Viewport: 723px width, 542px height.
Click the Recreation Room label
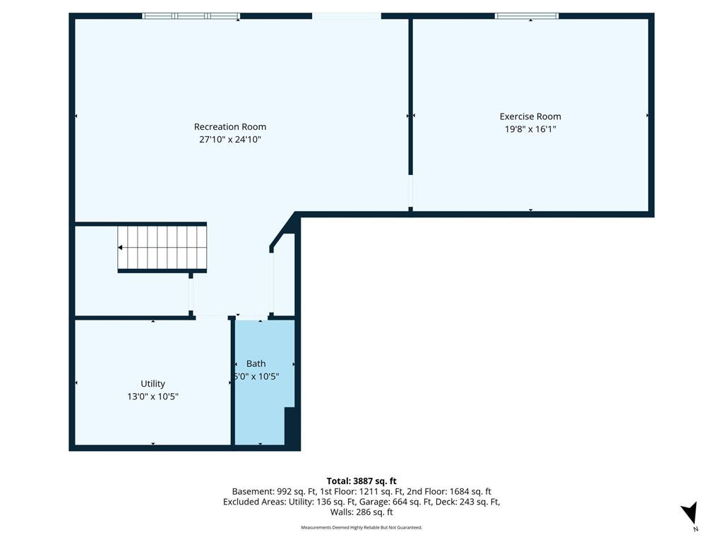tap(229, 127)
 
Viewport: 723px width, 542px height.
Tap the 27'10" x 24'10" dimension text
tap(229, 139)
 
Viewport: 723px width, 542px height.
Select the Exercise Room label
tap(530, 116)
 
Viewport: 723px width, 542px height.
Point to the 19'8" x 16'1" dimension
tap(530, 129)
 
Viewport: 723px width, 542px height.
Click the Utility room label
tap(153, 384)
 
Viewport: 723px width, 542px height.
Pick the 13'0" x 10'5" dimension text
tap(153, 397)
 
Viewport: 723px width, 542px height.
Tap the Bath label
tap(256, 363)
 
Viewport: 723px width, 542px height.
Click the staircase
tap(162, 248)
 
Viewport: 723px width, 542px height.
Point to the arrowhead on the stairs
tap(120, 248)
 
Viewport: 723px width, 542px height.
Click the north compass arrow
tap(690, 512)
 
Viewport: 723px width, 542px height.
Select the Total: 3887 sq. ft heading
tap(361, 481)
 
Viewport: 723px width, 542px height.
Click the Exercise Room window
tap(527, 16)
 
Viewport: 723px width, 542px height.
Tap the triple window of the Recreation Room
tap(191, 16)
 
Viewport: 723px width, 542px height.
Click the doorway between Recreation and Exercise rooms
tap(410, 191)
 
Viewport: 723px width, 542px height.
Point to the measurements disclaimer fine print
tap(361, 527)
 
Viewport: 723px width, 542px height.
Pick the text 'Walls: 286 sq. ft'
tap(361, 512)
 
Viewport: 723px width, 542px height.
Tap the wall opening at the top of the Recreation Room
tap(347, 16)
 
